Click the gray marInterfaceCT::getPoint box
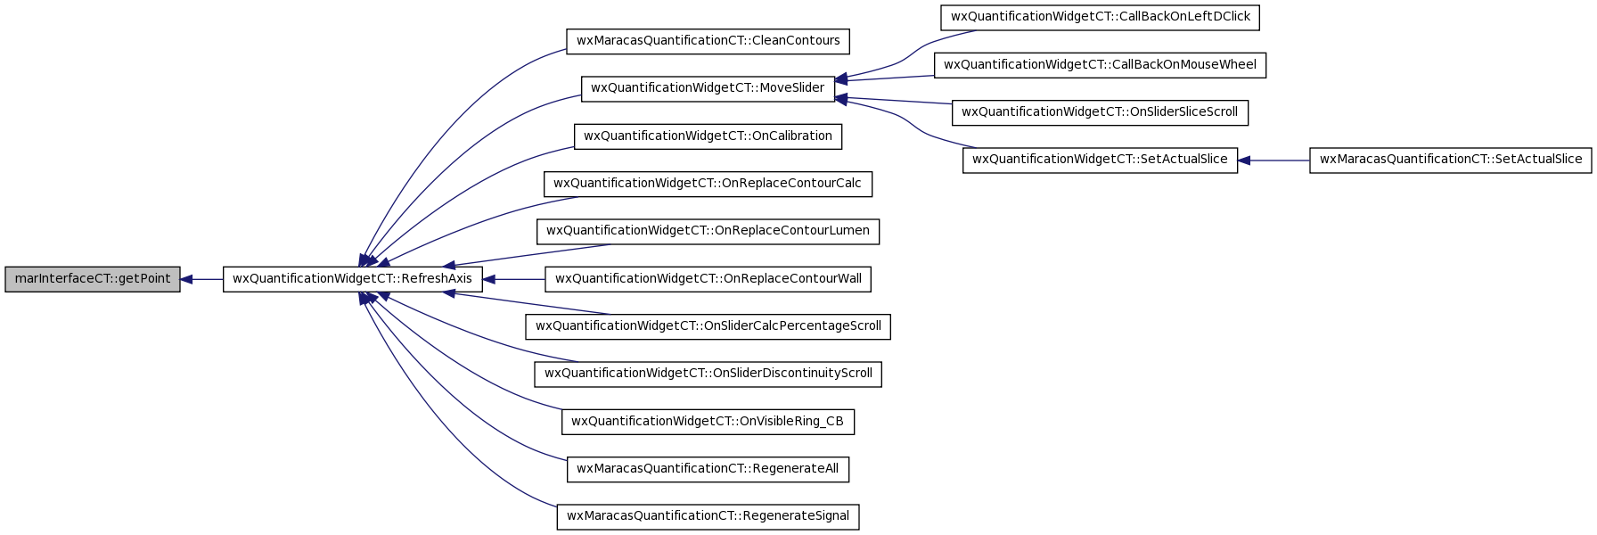(93, 279)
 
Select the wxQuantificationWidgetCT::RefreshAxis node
(353, 279)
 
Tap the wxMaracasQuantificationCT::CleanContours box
(708, 41)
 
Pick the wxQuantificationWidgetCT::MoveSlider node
(708, 88)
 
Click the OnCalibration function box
(708, 136)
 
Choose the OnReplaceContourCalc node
(708, 184)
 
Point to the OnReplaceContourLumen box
(708, 231)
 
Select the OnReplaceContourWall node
(708, 279)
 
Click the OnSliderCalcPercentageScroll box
(708, 326)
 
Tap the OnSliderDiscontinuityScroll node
(708, 374)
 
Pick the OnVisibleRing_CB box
(708, 422)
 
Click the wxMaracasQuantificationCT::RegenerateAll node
(708, 469)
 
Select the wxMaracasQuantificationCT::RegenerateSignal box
(708, 516)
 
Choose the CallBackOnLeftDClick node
(1101, 17)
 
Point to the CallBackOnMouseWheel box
(1101, 65)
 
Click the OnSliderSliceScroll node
(1101, 112)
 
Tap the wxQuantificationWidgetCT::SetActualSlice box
(1101, 160)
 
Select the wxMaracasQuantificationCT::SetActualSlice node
(1451, 160)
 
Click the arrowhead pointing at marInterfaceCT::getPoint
(187, 279)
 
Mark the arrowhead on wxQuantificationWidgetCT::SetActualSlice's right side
(1245, 160)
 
